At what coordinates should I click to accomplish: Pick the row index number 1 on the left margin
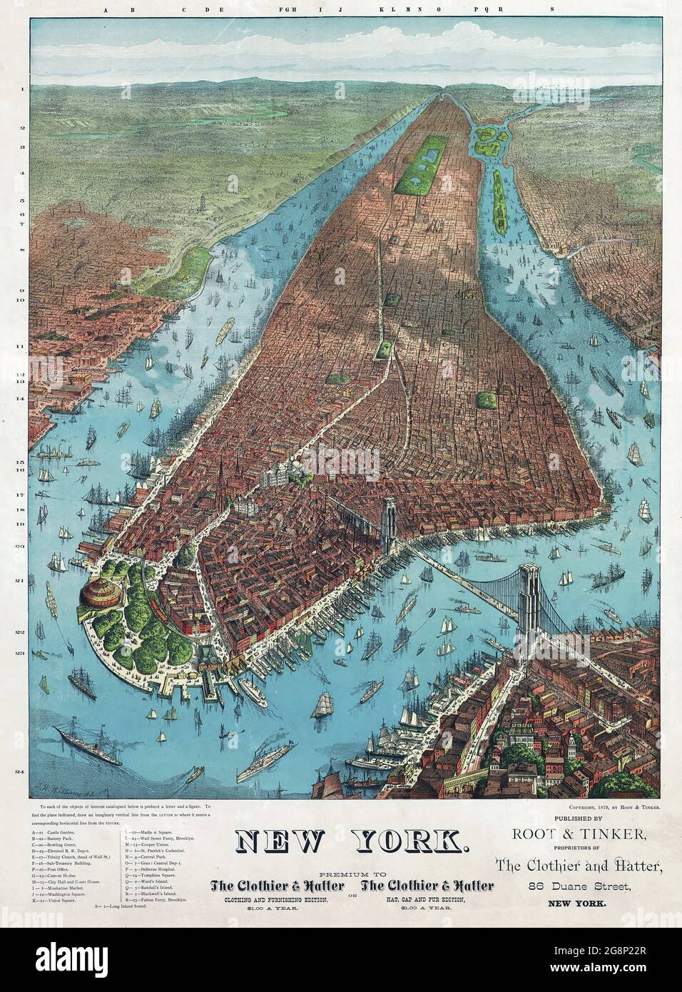(22, 89)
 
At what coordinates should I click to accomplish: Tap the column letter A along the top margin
(105, 11)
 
